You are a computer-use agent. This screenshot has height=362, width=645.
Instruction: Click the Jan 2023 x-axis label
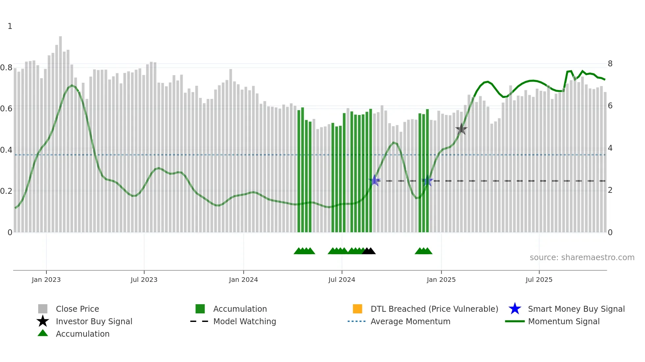pos(46,280)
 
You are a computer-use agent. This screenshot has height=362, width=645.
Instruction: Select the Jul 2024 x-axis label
pos(342,280)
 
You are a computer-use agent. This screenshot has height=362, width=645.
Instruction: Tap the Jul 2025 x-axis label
pos(539,280)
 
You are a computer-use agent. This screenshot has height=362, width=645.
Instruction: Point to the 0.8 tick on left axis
pos(6,68)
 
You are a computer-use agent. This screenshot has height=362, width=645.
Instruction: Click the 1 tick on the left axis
pos(10,26)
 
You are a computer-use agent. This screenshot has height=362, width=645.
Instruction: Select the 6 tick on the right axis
pos(610,106)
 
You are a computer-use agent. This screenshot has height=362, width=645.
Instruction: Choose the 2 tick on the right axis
pos(610,190)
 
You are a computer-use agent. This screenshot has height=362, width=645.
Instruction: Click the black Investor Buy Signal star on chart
pos(461,129)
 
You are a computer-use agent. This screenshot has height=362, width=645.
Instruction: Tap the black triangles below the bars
pos(369,251)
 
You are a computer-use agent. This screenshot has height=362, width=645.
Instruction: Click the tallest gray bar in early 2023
pos(61,131)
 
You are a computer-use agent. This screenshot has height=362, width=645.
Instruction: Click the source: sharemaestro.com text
pos(582,258)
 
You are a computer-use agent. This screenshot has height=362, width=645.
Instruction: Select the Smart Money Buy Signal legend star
pos(515,309)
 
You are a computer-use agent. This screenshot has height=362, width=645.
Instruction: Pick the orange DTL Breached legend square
pos(357,309)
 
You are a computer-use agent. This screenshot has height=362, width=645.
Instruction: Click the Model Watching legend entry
pos(244,321)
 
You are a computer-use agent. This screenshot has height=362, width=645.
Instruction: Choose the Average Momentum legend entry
pos(410,321)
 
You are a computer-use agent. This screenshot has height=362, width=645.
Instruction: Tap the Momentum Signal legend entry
pos(563,321)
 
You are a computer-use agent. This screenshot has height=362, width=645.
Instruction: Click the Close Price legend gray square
pos(43,309)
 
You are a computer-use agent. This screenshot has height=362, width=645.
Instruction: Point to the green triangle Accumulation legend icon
pos(43,333)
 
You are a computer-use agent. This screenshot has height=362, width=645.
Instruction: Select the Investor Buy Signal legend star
pos(43,321)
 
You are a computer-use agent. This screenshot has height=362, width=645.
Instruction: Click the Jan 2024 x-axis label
pos(243,280)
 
